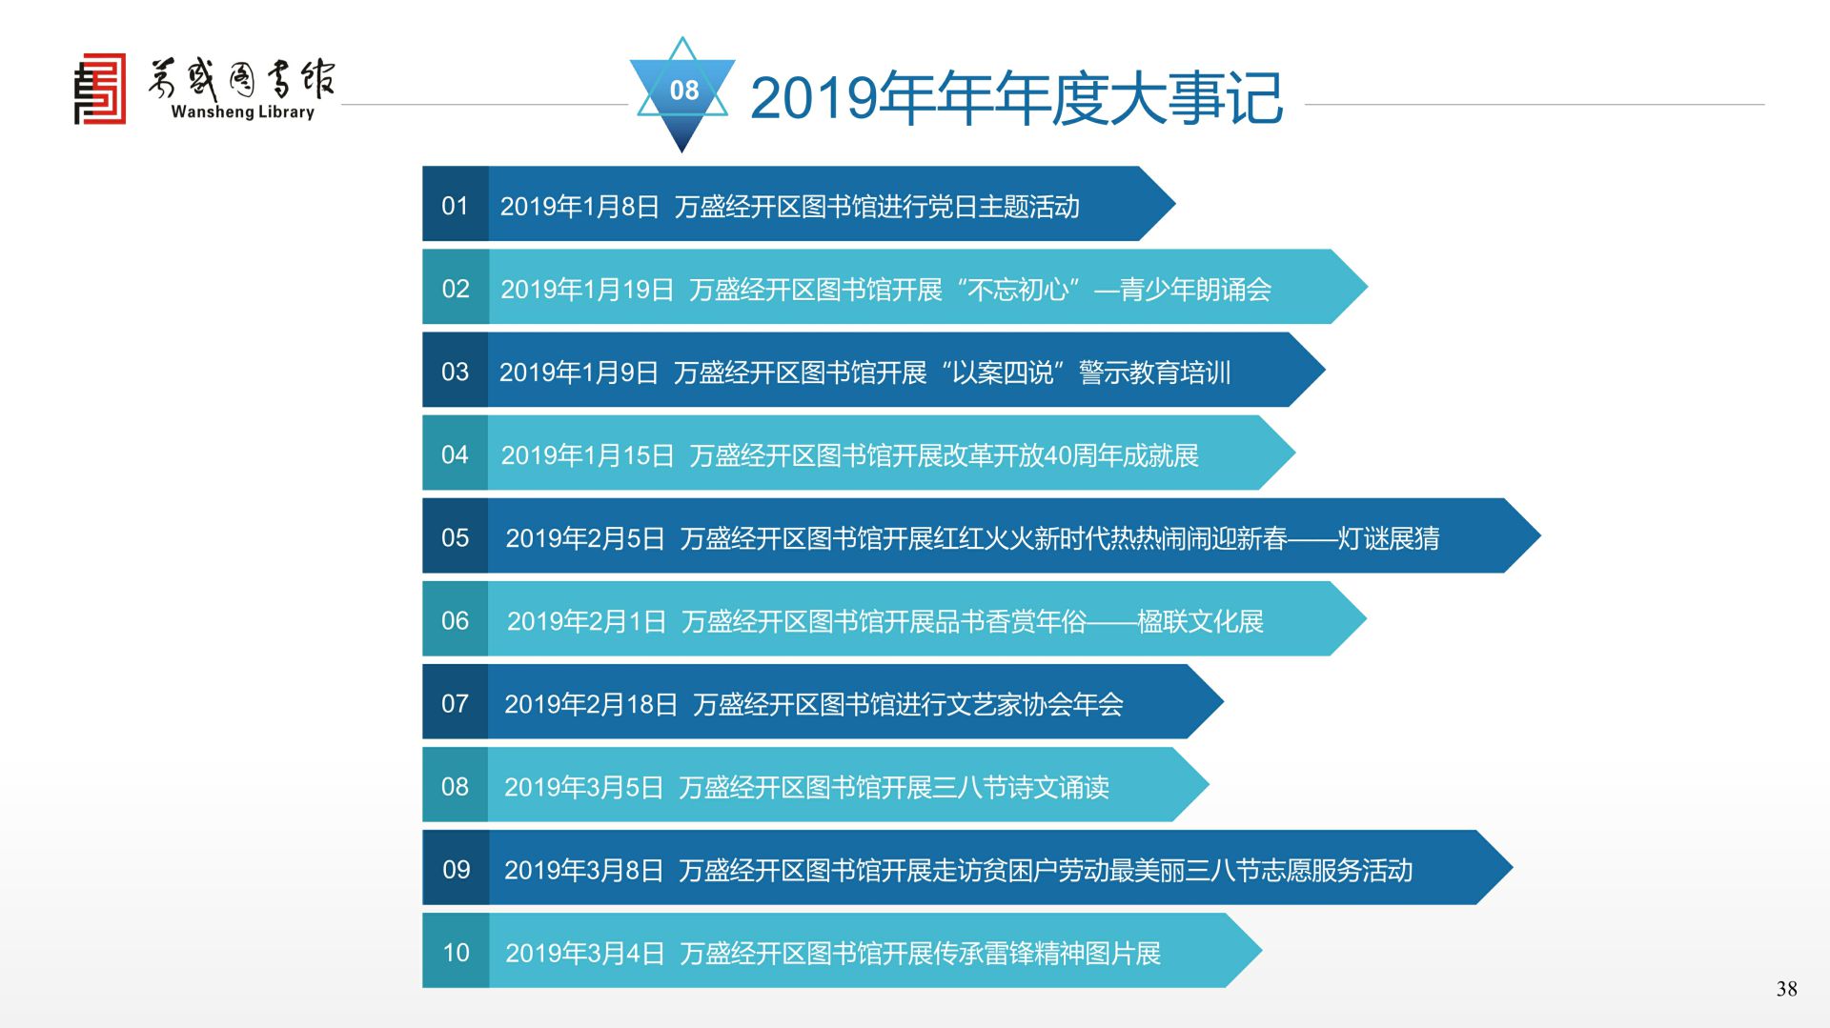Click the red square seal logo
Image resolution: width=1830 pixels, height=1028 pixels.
[x=100, y=89]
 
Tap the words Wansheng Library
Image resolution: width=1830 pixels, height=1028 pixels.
[x=242, y=111]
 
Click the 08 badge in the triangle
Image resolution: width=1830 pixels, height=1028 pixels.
[x=683, y=91]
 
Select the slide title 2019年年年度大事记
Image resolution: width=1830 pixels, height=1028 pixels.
[x=1016, y=97]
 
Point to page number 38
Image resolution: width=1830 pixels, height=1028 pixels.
[x=1786, y=989]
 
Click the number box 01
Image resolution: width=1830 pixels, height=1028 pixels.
[x=456, y=204]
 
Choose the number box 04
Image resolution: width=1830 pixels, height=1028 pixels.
[x=456, y=453]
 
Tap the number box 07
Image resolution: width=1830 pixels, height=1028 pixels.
[x=456, y=702]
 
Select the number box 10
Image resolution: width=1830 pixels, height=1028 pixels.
[x=456, y=951]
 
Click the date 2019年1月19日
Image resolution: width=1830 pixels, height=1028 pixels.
[x=587, y=290]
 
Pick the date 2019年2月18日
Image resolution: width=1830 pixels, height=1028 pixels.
[x=591, y=704]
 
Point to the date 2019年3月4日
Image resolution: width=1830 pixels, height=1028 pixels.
[x=584, y=953]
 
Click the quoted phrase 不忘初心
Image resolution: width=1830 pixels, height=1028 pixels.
[x=1018, y=290]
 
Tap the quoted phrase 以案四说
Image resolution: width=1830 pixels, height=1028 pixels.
[x=1003, y=373]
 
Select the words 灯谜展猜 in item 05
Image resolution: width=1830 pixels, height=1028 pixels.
[x=1389, y=538]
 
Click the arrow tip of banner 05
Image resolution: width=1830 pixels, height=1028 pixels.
[x=1540, y=535]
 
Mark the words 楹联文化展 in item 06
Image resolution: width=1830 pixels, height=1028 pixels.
[x=1201, y=621]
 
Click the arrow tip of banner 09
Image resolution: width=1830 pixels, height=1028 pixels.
[x=1513, y=867]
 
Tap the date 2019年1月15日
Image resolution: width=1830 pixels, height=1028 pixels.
[x=587, y=455]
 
